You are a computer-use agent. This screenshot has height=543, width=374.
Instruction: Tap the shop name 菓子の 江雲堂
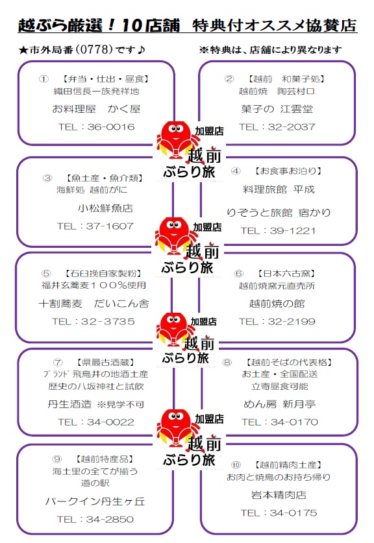[x=277, y=109]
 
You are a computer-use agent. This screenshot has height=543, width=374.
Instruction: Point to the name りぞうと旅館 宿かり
[x=279, y=212]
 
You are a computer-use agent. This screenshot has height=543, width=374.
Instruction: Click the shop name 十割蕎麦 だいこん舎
[x=94, y=304]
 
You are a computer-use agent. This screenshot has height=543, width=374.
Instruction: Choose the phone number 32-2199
[x=292, y=321]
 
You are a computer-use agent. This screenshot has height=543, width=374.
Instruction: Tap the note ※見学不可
[x=120, y=404]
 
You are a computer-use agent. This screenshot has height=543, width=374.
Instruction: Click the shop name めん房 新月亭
[x=280, y=404]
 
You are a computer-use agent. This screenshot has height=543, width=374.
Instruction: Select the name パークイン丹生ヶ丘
[x=95, y=501]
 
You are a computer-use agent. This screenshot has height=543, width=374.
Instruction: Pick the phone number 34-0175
[x=293, y=513]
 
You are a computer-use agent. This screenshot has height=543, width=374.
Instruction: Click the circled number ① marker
[x=44, y=79]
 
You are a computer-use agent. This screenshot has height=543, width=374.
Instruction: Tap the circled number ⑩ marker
[x=236, y=465]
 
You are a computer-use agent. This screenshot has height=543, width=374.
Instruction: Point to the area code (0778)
[x=94, y=49]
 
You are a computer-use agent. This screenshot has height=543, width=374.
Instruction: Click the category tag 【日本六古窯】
[x=286, y=274]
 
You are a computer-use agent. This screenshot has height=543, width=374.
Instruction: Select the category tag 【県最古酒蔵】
[x=105, y=362]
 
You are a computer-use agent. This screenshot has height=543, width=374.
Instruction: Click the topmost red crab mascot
[x=177, y=139]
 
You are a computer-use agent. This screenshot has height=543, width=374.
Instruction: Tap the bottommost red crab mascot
[x=176, y=428]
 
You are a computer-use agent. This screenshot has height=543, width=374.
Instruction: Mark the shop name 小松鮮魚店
[x=105, y=208]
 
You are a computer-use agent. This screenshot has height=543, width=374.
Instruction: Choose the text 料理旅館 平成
[x=279, y=189]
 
